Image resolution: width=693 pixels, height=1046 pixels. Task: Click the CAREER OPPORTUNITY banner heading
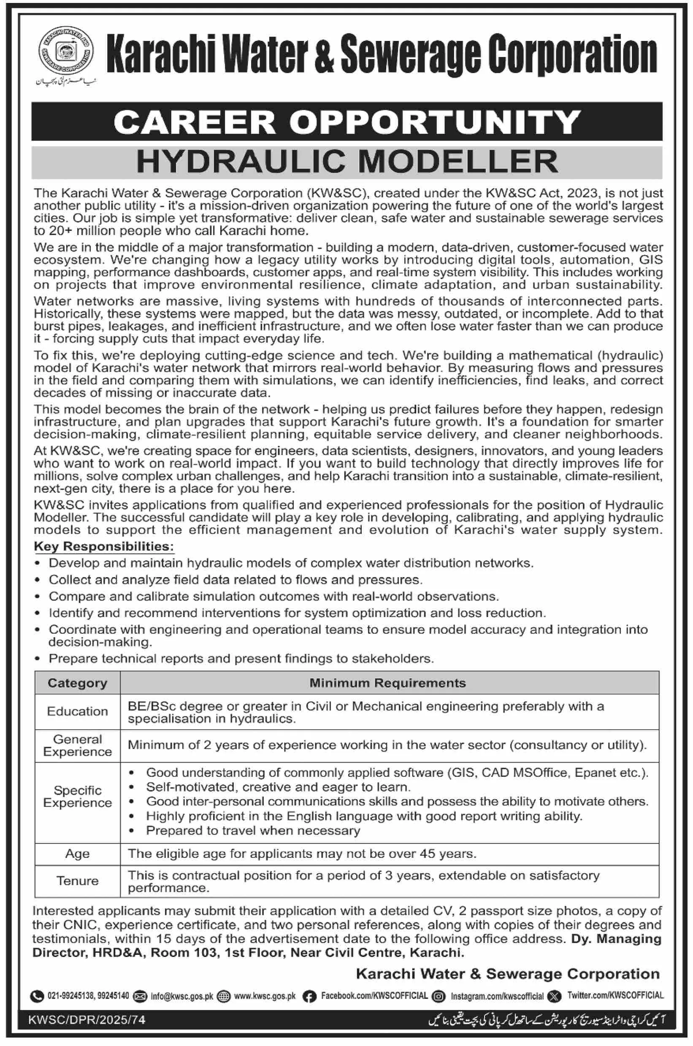(x=347, y=122)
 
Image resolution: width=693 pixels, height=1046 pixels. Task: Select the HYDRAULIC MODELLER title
(x=347, y=162)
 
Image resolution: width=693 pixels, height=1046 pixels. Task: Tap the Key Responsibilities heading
(x=104, y=546)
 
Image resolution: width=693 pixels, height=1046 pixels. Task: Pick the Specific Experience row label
(x=77, y=797)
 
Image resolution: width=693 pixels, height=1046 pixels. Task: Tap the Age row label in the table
(x=77, y=854)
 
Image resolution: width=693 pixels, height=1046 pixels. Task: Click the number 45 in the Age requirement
(x=428, y=854)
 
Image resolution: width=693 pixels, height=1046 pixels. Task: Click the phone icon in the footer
(x=36, y=996)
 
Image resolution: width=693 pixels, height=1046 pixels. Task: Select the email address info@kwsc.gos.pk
(x=181, y=996)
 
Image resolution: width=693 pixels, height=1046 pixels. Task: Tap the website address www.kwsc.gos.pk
(x=265, y=996)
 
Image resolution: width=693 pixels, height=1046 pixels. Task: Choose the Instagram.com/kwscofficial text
(x=497, y=996)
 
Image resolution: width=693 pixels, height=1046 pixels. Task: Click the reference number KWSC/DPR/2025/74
(x=87, y=1020)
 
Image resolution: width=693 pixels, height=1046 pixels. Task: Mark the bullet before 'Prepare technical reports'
(x=39, y=659)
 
